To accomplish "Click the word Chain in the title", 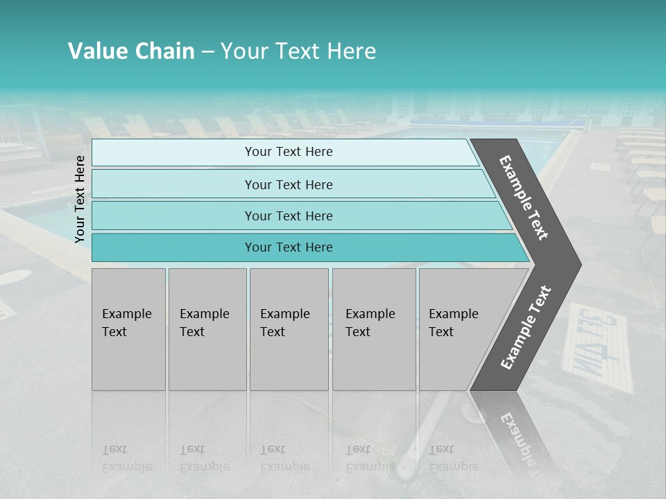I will point(164,51).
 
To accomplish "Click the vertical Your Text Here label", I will point(80,199).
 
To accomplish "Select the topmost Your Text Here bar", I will point(288,152).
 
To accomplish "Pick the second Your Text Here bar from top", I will point(288,184).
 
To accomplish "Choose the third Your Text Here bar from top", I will point(288,216).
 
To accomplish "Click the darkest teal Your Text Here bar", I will point(288,247).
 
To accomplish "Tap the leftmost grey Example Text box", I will point(128,329).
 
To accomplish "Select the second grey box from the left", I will point(207,329).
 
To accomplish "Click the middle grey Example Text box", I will point(289,329).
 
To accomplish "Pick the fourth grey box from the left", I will point(374,329).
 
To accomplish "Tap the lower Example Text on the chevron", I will point(526,327).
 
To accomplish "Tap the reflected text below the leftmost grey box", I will point(126,458).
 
